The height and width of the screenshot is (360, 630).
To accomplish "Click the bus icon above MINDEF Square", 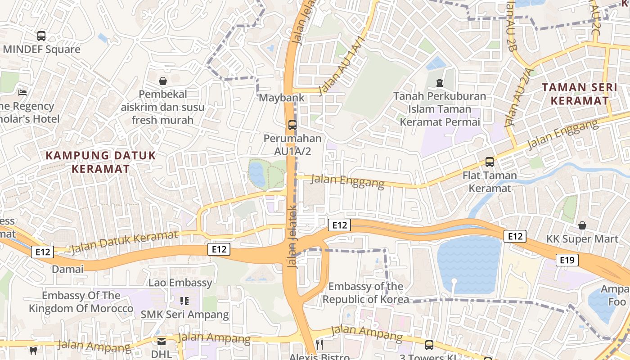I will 41,36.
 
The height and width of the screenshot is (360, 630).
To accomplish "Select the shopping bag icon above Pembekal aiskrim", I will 163,81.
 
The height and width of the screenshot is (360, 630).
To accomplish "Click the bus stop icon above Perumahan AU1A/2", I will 292,125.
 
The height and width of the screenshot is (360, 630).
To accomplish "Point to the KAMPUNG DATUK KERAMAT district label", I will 101,162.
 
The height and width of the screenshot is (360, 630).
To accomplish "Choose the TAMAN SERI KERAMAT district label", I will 580,94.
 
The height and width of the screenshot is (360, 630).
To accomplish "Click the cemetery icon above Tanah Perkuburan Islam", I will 439,82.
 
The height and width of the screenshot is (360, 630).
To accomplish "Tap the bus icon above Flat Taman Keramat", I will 490,162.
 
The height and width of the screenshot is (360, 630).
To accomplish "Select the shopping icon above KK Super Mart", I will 582,225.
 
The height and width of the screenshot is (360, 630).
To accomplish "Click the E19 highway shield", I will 567,260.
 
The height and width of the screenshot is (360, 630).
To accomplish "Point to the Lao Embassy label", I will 180,283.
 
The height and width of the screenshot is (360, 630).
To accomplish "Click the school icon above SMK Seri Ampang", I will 184,301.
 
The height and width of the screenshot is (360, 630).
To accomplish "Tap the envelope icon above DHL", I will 161,342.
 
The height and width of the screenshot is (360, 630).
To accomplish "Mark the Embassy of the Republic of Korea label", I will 366,293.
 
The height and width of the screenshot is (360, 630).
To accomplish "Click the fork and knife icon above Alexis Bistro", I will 319,345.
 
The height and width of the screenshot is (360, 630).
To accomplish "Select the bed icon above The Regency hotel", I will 22,93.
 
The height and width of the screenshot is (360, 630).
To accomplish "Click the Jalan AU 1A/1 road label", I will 341,66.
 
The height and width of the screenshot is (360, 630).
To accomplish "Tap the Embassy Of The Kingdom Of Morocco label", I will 81,302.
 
